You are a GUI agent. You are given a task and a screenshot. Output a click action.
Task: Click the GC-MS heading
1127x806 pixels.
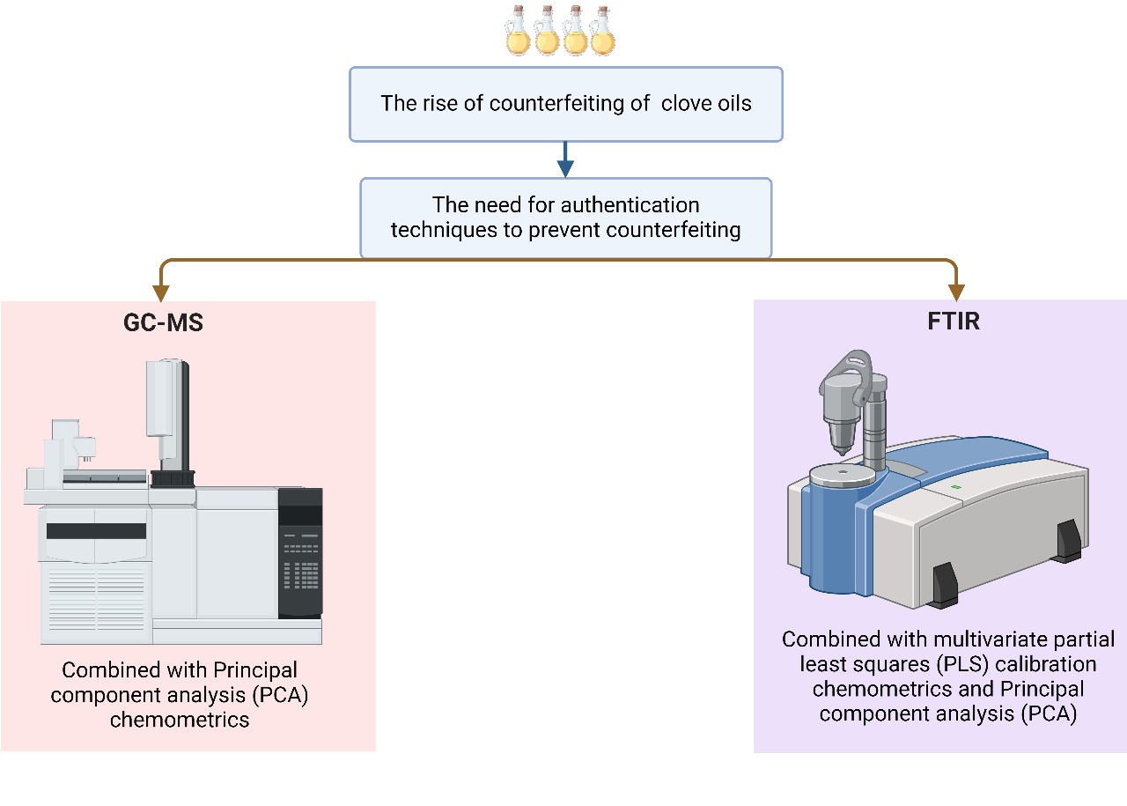(163, 323)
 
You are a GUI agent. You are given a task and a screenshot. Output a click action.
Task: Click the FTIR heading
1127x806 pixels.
(953, 321)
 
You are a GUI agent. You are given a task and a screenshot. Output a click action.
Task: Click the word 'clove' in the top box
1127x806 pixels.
(689, 103)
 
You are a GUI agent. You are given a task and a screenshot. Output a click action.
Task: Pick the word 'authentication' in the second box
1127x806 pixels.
(630, 205)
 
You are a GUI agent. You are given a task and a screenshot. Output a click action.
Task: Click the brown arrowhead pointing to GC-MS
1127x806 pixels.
(159, 291)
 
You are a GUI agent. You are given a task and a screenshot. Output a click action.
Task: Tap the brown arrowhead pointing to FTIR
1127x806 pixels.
(956, 291)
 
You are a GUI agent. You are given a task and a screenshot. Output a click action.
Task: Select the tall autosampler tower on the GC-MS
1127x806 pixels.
(166, 414)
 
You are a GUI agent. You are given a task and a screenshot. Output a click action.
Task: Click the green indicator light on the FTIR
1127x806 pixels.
(956, 486)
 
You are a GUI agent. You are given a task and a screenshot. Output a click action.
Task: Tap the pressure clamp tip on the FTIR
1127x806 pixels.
(842, 445)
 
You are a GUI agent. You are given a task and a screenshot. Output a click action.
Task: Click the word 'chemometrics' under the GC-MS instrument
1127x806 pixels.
(180, 720)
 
